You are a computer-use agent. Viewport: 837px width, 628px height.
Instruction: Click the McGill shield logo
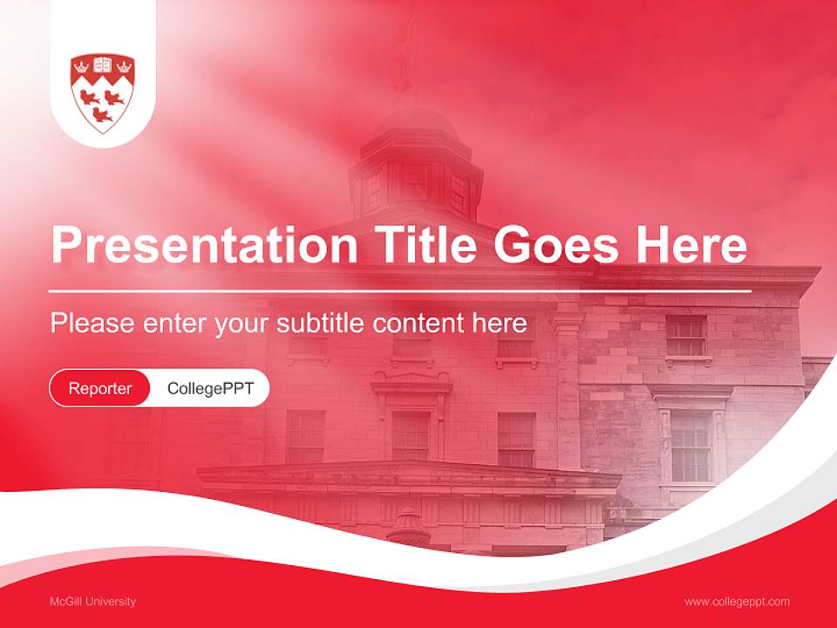click(103, 92)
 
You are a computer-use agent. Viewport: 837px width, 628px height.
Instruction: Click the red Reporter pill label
click(100, 388)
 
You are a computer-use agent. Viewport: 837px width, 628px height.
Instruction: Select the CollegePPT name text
click(210, 388)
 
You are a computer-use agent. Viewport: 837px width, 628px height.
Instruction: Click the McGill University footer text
click(92, 601)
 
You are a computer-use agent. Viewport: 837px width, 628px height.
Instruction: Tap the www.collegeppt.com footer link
click(737, 601)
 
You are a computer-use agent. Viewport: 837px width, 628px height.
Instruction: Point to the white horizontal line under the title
click(400, 290)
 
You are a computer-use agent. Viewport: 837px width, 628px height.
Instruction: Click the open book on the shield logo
click(103, 65)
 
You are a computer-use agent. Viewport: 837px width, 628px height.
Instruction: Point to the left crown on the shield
click(80, 65)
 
